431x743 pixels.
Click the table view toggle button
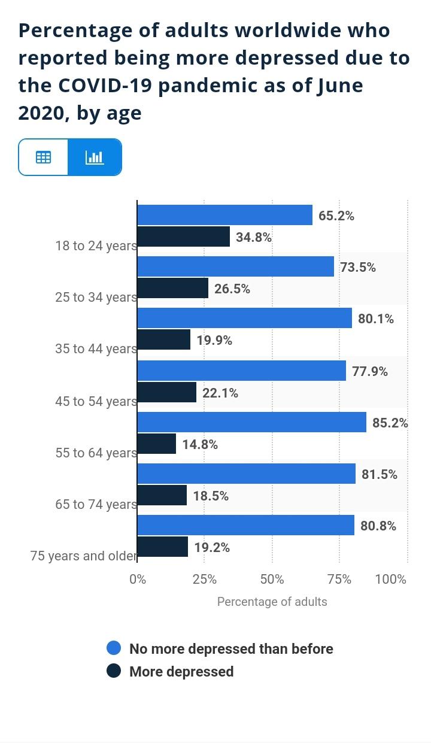click(x=43, y=157)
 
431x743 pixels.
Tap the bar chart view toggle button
click(x=95, y=157)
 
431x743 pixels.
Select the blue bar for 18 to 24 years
click(x=224, y=215)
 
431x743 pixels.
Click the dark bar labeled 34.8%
click(x=184, y=236)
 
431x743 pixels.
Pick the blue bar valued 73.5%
click(x=235, y=266)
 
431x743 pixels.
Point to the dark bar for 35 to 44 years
click(x=164, y=339)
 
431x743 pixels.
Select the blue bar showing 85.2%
click(x=251, y=422)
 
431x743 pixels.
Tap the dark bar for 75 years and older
click(x=163, y=547)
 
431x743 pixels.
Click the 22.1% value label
click(x=220, y=393)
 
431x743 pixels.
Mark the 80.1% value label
click(x=376, y=319)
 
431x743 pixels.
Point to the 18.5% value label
click(x=211, y=496)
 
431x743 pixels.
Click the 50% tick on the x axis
click(x=272, y=579)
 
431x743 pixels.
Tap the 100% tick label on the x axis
click(x=390, y=579)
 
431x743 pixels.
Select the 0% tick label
click(x=138, y=579)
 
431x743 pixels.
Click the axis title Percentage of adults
click(x=272, y=602)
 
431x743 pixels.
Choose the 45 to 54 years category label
click(x=96, y=401)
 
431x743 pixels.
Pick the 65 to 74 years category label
click(x=96, y=504)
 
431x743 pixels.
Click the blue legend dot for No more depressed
click(x=114, y=648)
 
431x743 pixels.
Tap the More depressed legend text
click(x=181, y=671)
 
